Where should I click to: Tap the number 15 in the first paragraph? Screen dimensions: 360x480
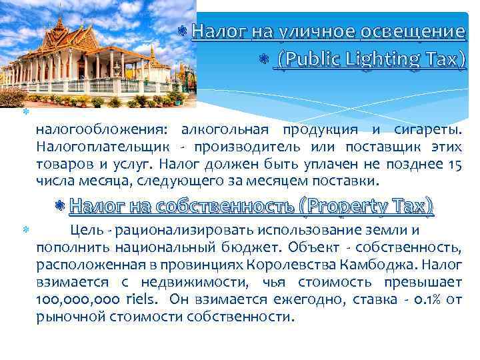tap(455, 164)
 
